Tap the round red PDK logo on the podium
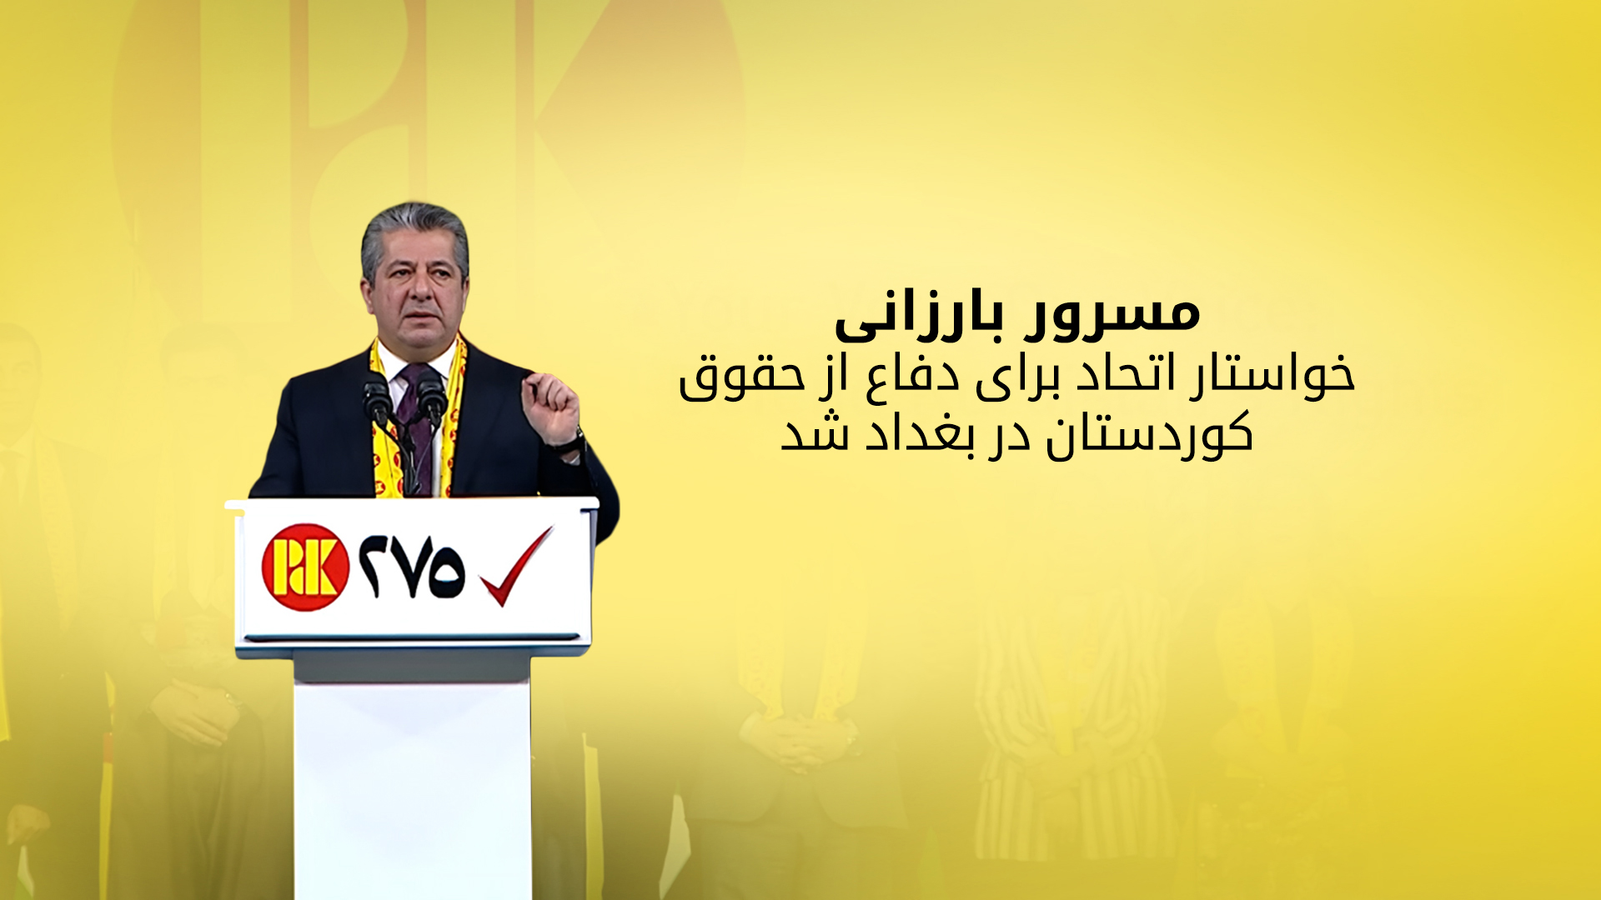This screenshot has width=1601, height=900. [x=305, y=567]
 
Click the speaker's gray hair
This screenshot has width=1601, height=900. [x=414, y=233]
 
